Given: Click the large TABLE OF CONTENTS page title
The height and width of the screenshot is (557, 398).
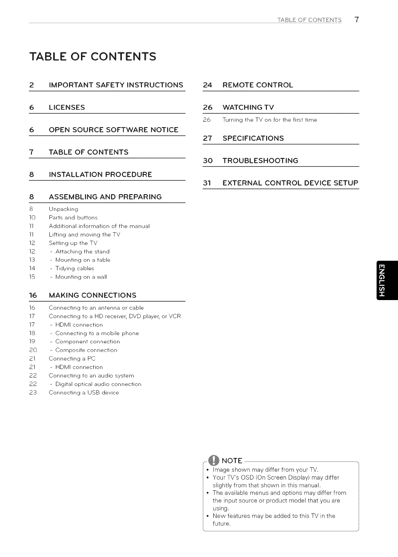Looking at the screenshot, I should pos(93,56).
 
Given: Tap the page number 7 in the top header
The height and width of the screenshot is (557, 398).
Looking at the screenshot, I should pos(357,20).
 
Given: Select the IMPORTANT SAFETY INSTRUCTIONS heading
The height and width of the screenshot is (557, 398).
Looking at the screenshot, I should pos(116,85).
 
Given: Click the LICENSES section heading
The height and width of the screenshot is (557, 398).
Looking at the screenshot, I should pos(67,107).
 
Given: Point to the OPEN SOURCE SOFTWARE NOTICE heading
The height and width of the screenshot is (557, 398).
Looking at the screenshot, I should pos(113,129).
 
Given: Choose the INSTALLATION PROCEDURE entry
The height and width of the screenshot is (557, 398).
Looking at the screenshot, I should pos(100,174).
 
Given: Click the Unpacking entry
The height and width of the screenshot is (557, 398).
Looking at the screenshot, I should pos(63,209).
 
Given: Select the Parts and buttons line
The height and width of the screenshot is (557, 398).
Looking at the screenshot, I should pos(73,218).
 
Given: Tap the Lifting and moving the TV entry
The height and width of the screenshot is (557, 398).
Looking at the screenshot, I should pos(84,235).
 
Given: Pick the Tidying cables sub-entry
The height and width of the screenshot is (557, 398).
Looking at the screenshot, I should pos(74,268).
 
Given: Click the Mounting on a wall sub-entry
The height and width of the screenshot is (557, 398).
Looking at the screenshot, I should pos(81,277).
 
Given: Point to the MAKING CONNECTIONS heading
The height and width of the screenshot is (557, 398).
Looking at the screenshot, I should pos(93,295).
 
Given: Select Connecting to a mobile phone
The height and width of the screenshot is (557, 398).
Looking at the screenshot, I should pos(97,333).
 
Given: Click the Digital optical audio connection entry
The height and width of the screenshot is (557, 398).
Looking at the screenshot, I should pos(98,384).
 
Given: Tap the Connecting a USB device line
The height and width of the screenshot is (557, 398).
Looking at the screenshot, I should pos(84,393).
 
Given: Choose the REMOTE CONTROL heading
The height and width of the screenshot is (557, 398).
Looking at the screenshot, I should pos(258,85).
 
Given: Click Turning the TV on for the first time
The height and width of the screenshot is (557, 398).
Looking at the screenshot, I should pos(270,120).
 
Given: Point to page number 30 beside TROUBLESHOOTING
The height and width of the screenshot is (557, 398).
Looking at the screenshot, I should pos(207,160).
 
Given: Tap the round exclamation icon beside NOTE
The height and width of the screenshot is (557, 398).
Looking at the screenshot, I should pos(213,460).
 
